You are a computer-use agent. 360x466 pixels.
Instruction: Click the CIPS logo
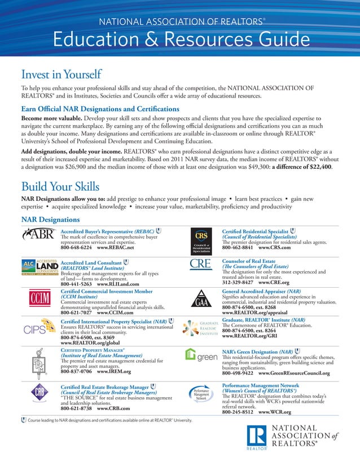click(38, 330)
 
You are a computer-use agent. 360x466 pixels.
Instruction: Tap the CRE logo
click(201, 265)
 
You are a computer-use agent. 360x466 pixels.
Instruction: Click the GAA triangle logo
click(201, 297)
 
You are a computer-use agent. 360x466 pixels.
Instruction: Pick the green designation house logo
click(201, 357)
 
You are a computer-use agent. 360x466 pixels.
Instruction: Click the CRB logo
click(37, 393)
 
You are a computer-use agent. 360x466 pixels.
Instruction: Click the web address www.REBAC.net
click(116, 248)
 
